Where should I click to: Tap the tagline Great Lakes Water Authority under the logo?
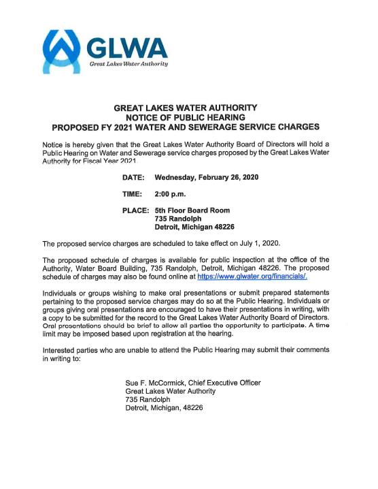[x=128, y=63]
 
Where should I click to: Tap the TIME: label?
[x=133, y=194]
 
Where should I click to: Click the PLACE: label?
[x=135, y=210]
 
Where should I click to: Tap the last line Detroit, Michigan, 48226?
[x=164, y=408]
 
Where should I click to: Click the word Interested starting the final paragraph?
[x=60, y=349]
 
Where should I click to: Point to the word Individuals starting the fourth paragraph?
[x=60, y=293]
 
